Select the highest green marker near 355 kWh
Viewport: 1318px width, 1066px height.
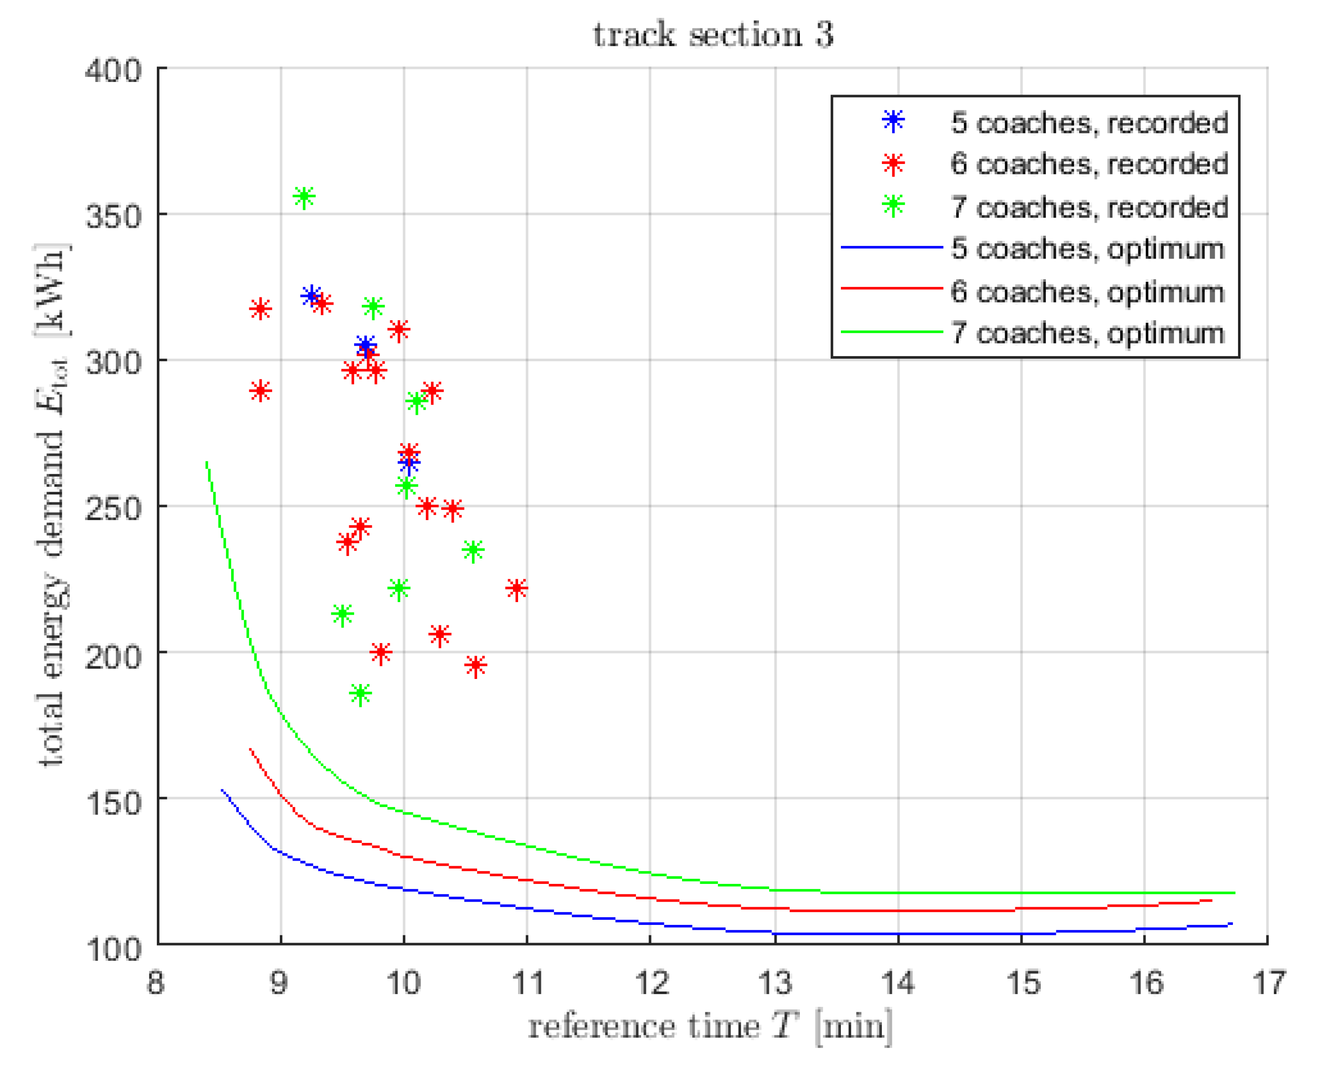point(304,197)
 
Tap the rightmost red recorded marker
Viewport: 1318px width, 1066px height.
point(517,588)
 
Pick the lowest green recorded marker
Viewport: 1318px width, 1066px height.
point(361,694)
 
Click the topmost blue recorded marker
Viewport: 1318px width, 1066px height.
point(311,296)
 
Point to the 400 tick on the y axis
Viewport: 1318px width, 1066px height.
point(114,70)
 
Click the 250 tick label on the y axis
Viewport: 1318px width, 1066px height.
point(114,508)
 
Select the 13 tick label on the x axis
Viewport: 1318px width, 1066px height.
point(775,983)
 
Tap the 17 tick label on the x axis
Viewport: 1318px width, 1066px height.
point(1267,983)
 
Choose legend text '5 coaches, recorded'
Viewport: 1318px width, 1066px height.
point(1089,123)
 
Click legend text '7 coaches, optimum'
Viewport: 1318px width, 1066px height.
point(1088,333)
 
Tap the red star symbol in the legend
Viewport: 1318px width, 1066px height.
point(894,164)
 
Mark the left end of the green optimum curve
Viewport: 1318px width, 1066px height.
point(207,462)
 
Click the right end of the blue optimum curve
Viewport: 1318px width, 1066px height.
point(1231,923)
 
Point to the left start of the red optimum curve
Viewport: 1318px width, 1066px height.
point(250,749)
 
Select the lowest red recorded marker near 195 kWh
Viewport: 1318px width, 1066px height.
point(476,665)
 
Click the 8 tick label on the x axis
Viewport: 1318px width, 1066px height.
point(155,983)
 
